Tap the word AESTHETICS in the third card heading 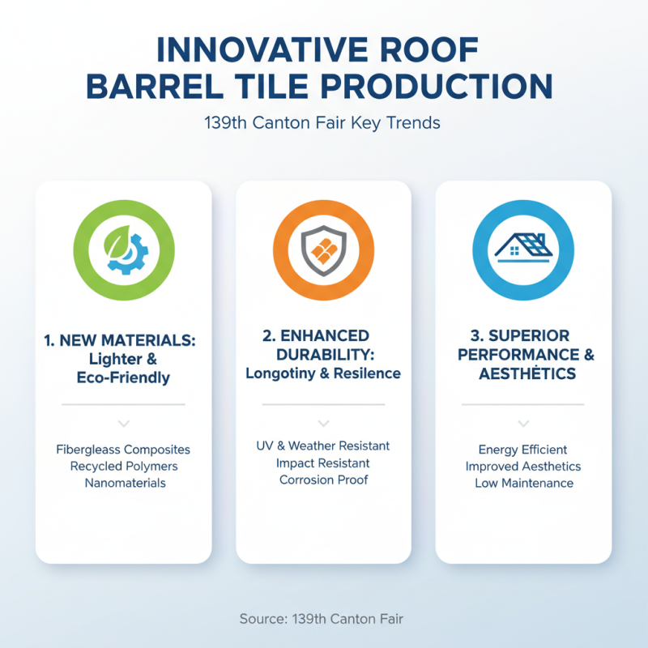[x=523, y=373]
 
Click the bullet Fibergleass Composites [x=123, y=450]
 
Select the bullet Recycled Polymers [x=123, y=467]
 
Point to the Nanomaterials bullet [x=123, y=484]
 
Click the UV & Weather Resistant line [x=323, y=446]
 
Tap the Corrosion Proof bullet [x=323, y=480]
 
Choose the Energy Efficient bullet [x=523, y=450]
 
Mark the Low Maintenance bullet [x=523, y=484]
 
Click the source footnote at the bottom [x=322, y=619]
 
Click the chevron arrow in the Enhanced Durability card [x=323, y=423]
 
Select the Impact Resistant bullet [x=323, y=463]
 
